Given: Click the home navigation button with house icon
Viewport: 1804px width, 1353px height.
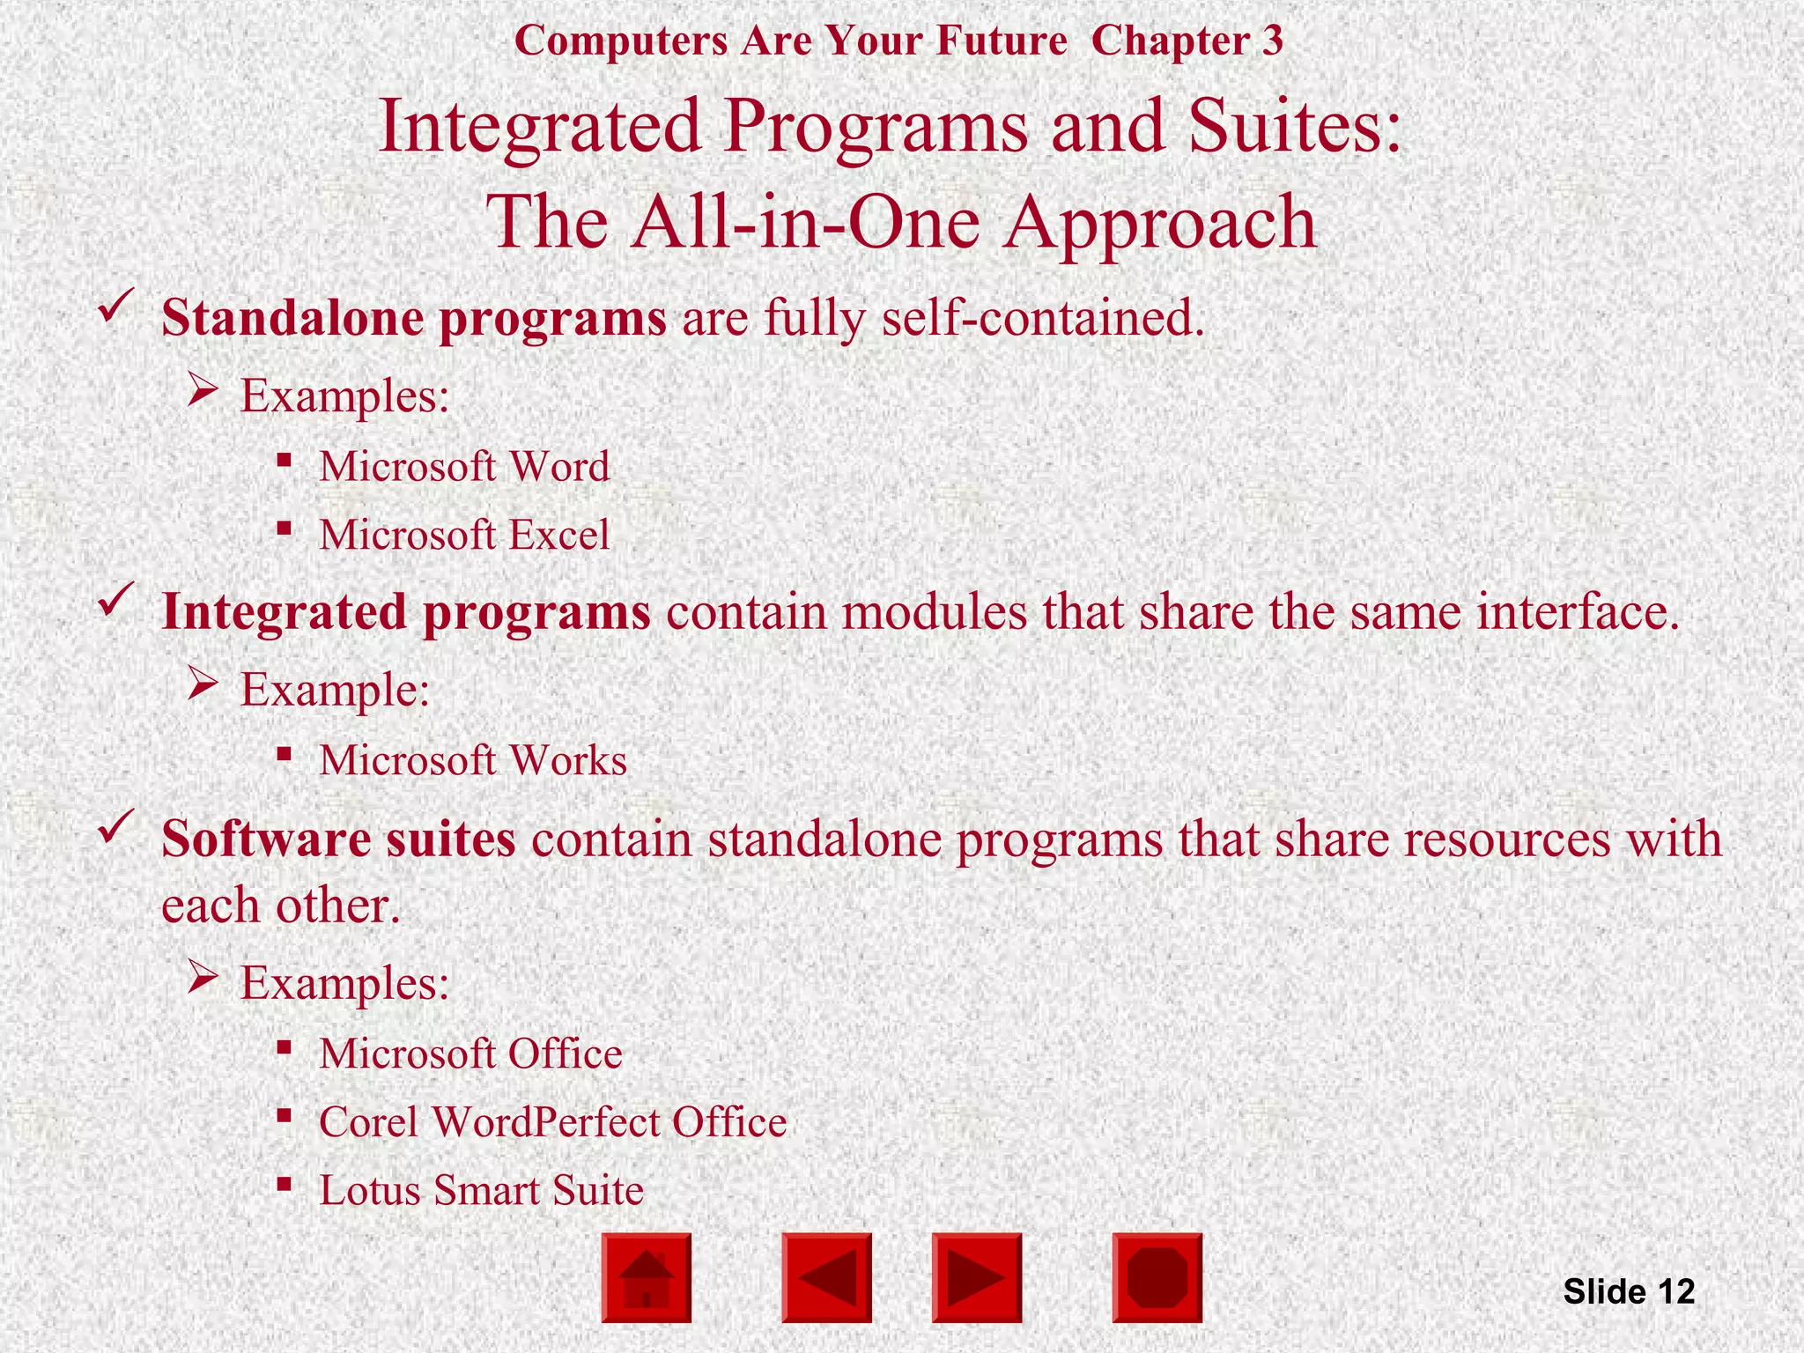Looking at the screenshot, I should pos(647,1277).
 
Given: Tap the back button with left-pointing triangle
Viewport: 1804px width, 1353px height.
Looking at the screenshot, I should pos(826,1277).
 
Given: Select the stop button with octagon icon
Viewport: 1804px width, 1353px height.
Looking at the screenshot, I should pos(1157,1277).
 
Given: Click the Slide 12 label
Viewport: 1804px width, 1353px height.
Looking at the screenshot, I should pos(1629,1291).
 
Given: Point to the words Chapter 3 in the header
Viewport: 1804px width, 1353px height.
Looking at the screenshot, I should pos(1187,41).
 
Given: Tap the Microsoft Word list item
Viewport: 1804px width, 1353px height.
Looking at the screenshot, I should pos(464,466).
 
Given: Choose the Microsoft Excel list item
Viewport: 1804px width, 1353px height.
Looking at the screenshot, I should pos(464,535).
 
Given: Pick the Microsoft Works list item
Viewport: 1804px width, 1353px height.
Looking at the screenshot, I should pos(473,760).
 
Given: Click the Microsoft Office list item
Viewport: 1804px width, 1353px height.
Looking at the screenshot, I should pos(470,1054).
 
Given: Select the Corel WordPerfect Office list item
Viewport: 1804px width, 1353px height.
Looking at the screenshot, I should pos(552,1122).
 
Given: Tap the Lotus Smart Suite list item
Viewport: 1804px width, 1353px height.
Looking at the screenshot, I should pos(481,1190).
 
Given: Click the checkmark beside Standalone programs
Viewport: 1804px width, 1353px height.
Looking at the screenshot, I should pos(115,307).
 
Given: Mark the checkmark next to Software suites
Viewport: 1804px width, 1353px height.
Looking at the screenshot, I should pos(115,827).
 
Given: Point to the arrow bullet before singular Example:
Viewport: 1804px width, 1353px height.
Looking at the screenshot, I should pos(203,684).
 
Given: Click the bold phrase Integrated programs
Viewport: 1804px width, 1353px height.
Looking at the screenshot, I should pos(406,611).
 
